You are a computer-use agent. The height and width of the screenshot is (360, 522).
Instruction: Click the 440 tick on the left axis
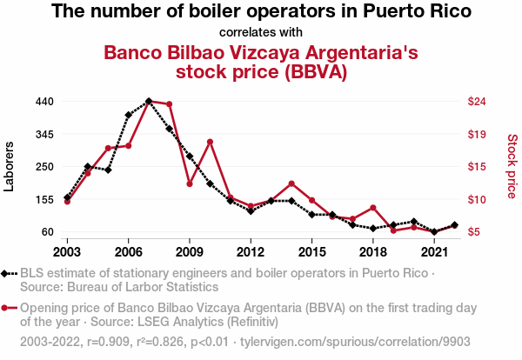tap(43, 102)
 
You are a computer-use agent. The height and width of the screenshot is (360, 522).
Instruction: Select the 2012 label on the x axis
tap(251, 252)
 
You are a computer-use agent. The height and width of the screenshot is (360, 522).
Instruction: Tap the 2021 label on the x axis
tap(433, 252)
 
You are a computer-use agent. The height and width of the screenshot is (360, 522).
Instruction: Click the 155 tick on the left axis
tap(43, 199)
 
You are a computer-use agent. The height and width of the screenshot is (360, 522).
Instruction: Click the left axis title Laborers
tap(10, 166)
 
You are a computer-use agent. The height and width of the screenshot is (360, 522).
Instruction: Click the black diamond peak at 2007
tap(149, 101)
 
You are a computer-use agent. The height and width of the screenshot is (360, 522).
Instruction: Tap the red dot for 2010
tap(210, 142)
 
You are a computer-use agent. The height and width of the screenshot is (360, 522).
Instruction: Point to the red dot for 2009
tap(190, 183)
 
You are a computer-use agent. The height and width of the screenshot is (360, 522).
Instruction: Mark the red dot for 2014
tap(291, 183)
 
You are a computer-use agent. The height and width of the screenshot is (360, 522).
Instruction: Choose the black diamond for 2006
tap(128, 115)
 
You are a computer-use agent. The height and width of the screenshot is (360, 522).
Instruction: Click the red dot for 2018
tap(372, 208)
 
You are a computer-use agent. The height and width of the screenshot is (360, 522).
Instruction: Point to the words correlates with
tap(261, 32)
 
